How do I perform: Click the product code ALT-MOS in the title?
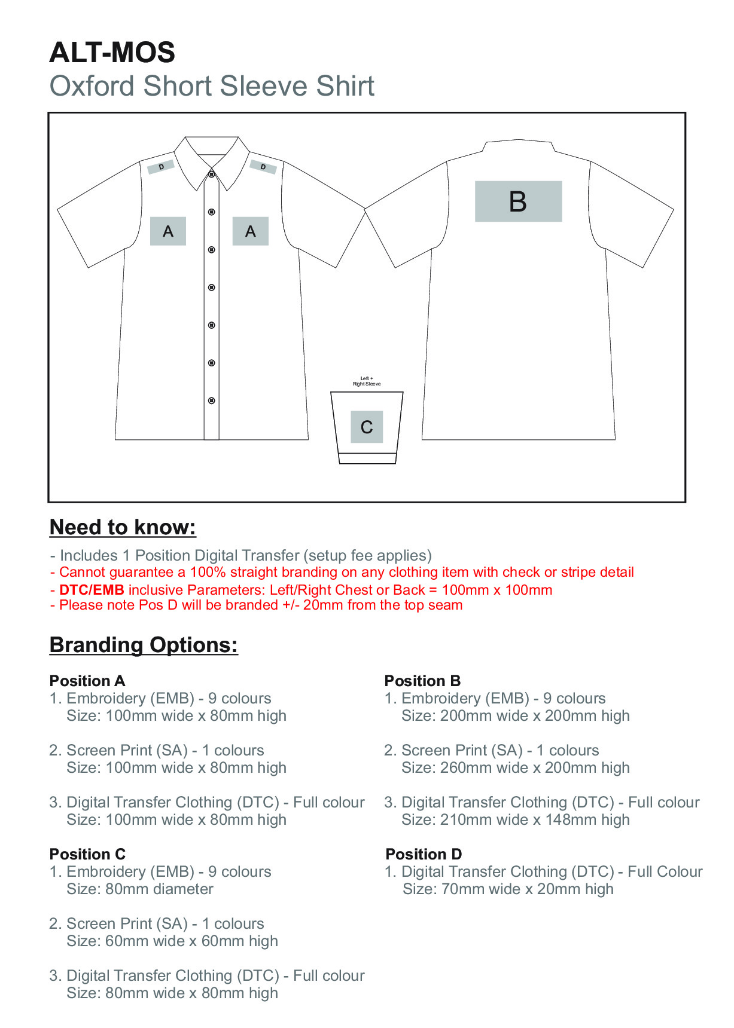(112, 53)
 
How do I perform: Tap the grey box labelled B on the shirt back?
(518, 201)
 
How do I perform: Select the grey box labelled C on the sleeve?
(366, 427)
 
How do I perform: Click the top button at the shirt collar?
(211, 174)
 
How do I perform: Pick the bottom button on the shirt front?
(211, 400)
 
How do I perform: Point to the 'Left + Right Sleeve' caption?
(366, 381)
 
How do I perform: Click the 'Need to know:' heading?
(123, 527)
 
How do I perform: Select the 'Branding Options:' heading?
(144, 645)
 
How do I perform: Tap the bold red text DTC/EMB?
(92, 590)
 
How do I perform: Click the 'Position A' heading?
(87, 681)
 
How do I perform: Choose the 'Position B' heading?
(422, 681)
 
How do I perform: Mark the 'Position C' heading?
(87, 854)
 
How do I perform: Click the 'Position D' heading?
(424, 854)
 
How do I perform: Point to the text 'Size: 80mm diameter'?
(140, 889)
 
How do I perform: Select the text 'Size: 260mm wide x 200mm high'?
(515, 768)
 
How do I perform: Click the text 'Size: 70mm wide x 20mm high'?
(508, 889)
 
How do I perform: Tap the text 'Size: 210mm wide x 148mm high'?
(515, 820)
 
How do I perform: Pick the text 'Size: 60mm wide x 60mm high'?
(172, 941)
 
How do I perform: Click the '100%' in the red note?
(207, 573)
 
